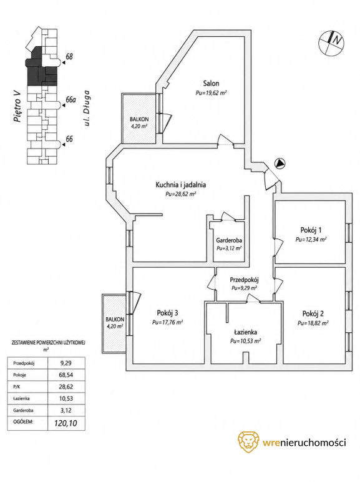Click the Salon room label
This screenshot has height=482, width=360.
point(211,83)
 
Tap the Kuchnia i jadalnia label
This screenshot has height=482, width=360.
point(180,185)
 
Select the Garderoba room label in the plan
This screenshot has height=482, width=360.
point(229,240)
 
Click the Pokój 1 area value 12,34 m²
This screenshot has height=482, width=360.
point(311,240)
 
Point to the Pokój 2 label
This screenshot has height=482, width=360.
point(313,314)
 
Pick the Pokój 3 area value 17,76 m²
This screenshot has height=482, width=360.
point(168,322)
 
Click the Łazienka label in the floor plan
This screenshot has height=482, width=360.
point(245,332)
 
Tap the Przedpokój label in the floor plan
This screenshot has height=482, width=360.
point(245,280)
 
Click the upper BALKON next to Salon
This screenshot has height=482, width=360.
point(139,119)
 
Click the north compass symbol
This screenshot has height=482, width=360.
point(331,42)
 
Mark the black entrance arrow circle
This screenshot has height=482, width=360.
point(280,164)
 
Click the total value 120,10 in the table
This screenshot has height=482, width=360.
point(66,423)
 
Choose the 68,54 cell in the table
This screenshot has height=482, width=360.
point(66,375)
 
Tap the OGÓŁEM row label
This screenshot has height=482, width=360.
point(23,422)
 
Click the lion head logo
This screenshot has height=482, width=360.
point(248,442)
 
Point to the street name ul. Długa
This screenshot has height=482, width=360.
point(88,107)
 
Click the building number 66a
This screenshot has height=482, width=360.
point(71,100)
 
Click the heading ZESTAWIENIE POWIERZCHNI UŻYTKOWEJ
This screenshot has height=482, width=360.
point(48,342)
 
